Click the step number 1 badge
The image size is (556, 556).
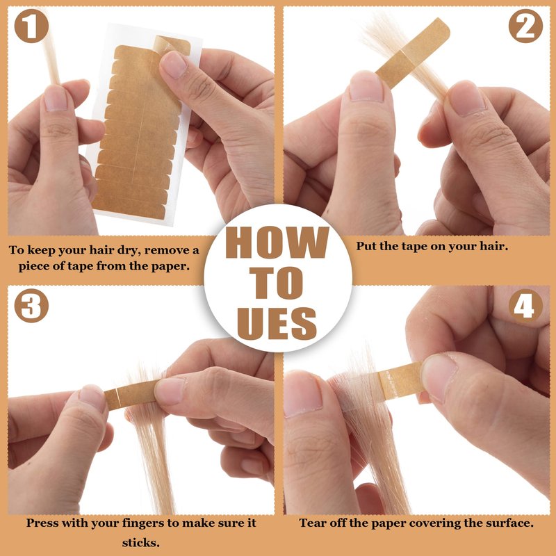pyautogui.click(x=31, y=26)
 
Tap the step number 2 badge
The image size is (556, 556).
pyautogui.click(x=525, y=26)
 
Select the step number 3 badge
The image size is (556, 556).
pyautogui.click(x=31, y=305)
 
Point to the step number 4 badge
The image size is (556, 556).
pyautogui.click(x=525, y=306)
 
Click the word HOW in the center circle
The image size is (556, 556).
pyautogui.click(x=277, y=243)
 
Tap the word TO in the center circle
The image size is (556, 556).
pyautogui.click(x=277, y=283)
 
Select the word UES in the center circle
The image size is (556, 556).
pyautogui.click(x=277, y=323)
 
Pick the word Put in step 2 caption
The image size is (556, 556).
pyautogui.click(x=366, y=246)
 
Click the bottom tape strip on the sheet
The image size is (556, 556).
pyautogui.click(x=129, y=210)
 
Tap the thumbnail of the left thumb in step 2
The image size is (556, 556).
pyautogui.click(x=366, y=86)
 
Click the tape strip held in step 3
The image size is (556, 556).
pyautogui.click(x=132, y=394)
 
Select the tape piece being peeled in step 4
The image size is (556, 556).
pyautogui.click(x=402, y=382)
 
